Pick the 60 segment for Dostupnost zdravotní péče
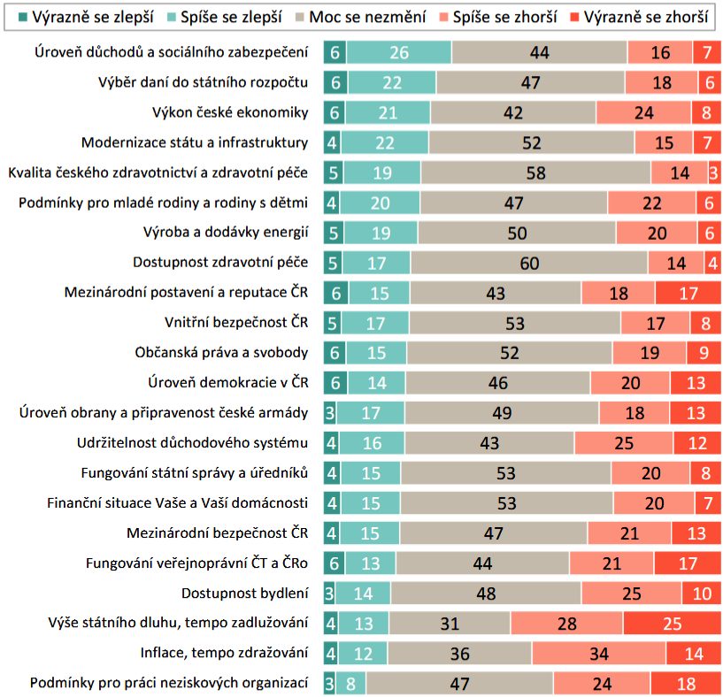528,263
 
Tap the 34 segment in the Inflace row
598,653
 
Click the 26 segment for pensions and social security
398,52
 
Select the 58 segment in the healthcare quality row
535,172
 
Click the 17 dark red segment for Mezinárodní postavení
688,293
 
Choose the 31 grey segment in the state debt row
450,623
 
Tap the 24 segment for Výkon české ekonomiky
643,112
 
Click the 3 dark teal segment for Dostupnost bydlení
328,593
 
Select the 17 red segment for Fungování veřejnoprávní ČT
688,563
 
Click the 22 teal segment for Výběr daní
390,82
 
